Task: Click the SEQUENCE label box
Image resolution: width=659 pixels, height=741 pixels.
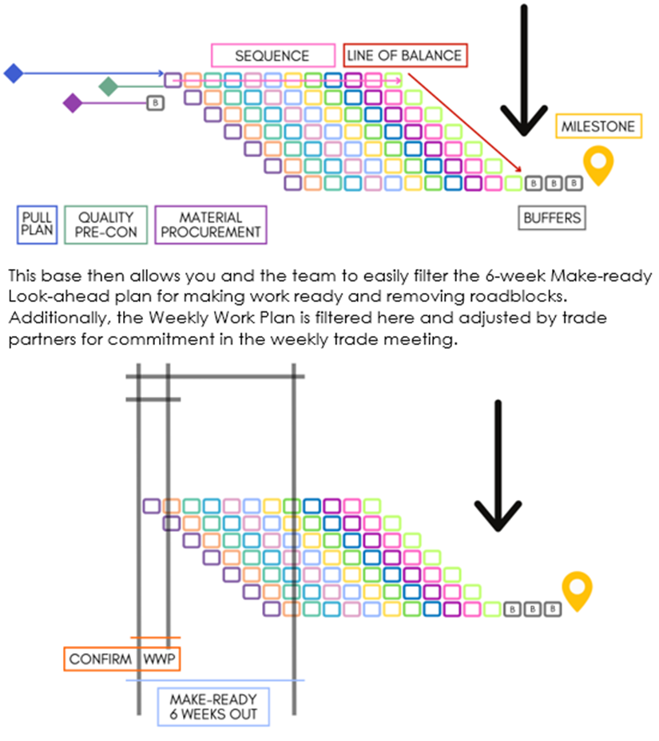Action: click(x=272, y=56)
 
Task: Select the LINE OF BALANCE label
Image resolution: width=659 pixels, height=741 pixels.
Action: click(x=404, y=55)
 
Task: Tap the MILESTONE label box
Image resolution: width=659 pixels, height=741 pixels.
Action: click(x=598, y=126)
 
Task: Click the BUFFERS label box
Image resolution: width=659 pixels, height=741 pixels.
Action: click(x=552, y=217)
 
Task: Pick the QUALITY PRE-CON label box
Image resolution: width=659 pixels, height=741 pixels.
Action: click(x=106, y=224)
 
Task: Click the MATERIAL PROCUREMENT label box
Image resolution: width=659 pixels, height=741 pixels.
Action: click(x=210, y=224)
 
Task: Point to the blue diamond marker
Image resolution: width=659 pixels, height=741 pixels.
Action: click(x=13, y=73)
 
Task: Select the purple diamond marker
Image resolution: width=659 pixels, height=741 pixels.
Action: click(x=73, y=102)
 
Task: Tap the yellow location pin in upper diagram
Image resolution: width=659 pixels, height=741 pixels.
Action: click(x=597, y=163)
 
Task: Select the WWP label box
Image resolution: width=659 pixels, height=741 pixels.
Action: click(x=161, y=660)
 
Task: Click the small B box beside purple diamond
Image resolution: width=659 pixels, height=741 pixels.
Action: click(x=156, y=103)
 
